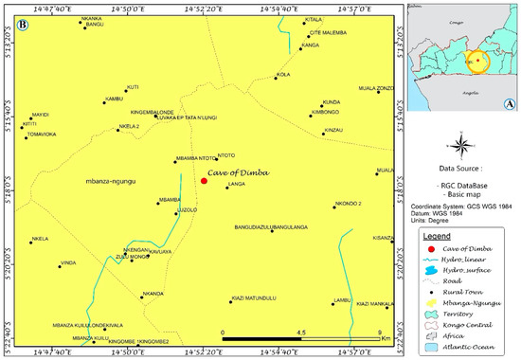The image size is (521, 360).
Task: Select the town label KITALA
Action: point(314,19)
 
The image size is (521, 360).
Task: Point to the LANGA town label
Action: point(237,185)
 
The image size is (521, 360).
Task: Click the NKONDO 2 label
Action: point(348,203)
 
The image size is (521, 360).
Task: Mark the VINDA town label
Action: point(68,262)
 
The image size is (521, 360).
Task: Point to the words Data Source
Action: point(460,172)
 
